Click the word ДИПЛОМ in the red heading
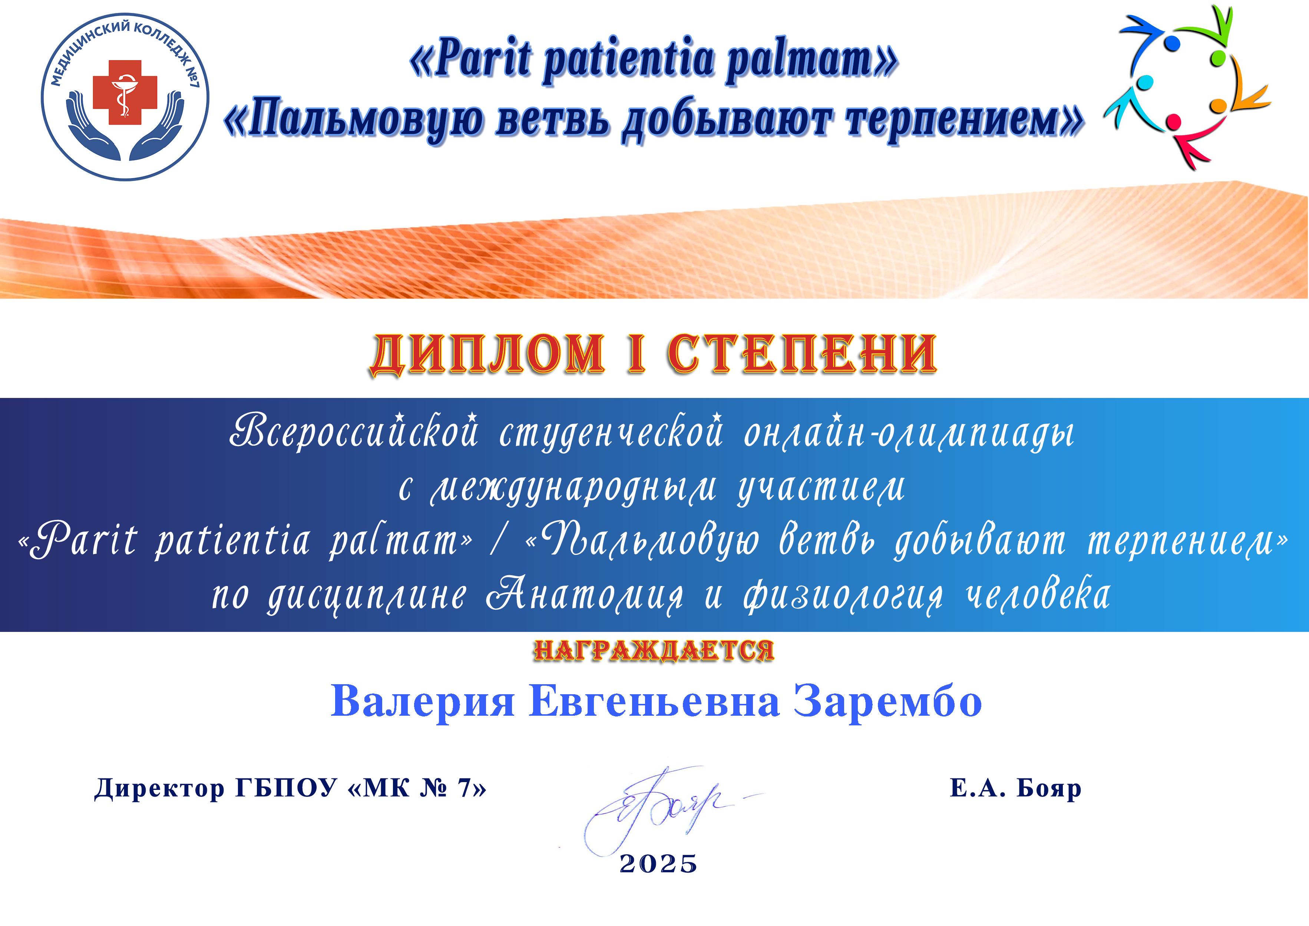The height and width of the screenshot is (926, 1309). click(x=488, y=354)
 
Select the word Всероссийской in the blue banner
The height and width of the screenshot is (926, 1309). click(x=353, y=432)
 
